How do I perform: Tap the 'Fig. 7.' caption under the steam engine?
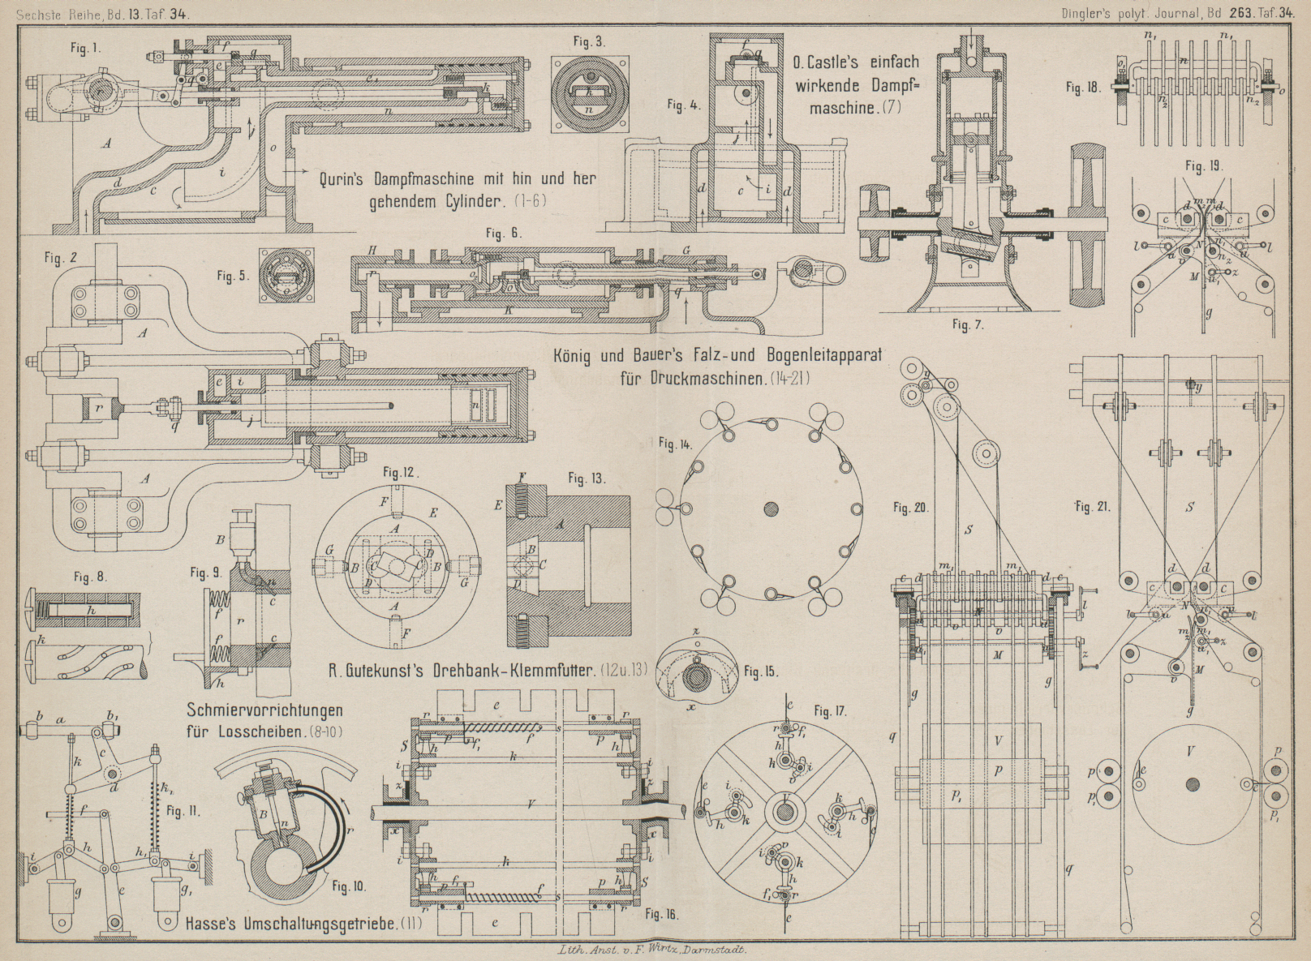pos(968,325)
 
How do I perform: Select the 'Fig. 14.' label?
pos(675,444)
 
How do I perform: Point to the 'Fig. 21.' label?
pos(1093,507)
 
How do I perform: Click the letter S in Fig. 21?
pos(1190,508)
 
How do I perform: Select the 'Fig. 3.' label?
pos(588,42)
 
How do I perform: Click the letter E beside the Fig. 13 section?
pos(498,504)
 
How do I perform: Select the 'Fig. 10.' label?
pos(348,886)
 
